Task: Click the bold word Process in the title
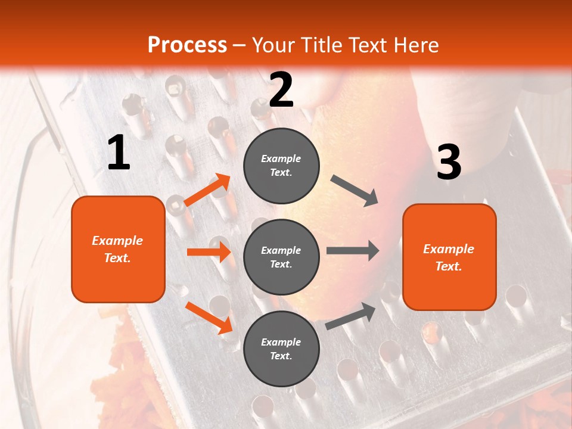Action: pyautogui.click(x=187, y=45)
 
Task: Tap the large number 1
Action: pyautogui.click(x=119, y=153)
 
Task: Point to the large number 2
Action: pyautogui.click(x=281, y=90)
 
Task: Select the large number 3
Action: pyautogui.click(x=449, y=162)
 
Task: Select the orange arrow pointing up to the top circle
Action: pyautogui.click(x=207, y=190)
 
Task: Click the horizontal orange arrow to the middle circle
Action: pyautogui.click(x=209, y=252)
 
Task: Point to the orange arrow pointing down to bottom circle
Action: pyautogui.click(x=209, y=317)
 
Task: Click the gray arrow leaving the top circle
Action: pyautogui.click(x=355, y=190)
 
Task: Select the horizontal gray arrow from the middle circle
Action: pyautogui.click(x=352, y=251)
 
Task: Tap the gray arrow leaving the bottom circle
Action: pyautogui.click(x=351, y=316)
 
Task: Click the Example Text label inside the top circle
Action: pyautogui.click(x=281, y=166)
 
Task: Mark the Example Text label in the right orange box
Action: pyautogui.click(x=449, y=257)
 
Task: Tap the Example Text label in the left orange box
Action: pyautogui.click(x=117, y=249)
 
